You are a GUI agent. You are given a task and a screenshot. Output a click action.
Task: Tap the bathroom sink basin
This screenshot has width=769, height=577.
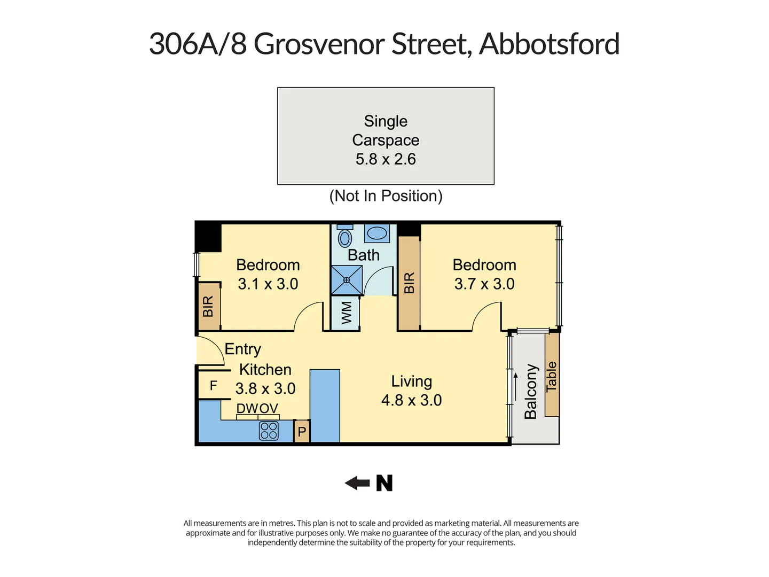point(377,233)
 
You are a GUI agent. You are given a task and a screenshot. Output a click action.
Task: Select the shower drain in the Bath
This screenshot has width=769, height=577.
point(346,280)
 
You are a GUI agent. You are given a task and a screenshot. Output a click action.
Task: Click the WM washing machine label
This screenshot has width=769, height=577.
point(346,313)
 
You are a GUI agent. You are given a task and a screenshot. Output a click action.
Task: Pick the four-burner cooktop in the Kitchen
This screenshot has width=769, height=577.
point(269,431)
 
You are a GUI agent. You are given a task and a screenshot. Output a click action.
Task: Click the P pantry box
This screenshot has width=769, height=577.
point(302,432)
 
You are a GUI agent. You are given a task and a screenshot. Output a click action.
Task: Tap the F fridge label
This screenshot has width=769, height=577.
point(213,386)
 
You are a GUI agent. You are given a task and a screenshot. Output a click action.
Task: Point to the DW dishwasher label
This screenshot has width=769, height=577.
point(247,409)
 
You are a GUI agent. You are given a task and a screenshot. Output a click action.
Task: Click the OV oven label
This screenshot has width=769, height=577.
point(269,409)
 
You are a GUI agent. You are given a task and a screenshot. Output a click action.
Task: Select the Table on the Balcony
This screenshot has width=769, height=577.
point(552,375)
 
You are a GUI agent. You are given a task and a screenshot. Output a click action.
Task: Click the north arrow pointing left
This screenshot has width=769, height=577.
point(357,484)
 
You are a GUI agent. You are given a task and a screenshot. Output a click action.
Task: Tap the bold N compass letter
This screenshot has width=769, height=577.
point(384,483)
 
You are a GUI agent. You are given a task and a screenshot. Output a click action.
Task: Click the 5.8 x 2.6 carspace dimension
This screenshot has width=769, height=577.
point(386,159)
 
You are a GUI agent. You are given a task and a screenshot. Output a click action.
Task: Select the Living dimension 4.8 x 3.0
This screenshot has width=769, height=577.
point(411,400)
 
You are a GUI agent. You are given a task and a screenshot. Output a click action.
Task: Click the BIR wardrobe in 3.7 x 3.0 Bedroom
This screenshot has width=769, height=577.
point(409,283)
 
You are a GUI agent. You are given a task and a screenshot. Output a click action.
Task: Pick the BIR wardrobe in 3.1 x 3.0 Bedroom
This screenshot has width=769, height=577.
point(208,306)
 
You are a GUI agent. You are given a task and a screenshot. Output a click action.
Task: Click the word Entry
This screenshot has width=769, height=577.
point(242,349)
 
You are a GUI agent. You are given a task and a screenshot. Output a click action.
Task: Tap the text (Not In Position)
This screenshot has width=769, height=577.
point(386,196)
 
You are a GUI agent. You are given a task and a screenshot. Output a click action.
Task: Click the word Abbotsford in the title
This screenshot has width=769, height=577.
point(549,44)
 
